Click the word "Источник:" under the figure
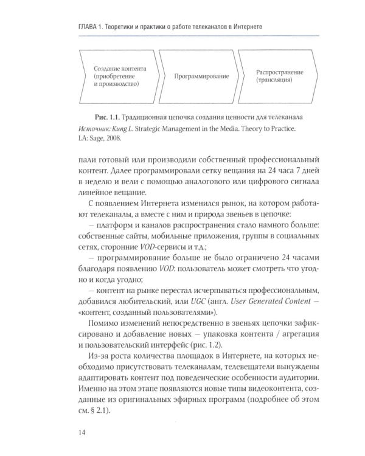tap(96, 128)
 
